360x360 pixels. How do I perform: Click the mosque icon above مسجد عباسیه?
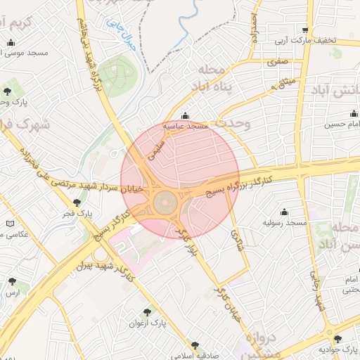click(x=185, y=116)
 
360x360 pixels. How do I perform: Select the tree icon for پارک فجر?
click(x=77, y=202)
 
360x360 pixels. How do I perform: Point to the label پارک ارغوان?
click(x=147, y=323)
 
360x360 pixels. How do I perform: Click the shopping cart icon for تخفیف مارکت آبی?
click(x=304, y=30)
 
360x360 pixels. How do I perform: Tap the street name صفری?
click(x=271, y=62)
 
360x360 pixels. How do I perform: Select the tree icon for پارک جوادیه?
click(x=337, y=339)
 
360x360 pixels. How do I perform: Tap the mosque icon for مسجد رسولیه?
click(x=285, y=212)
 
